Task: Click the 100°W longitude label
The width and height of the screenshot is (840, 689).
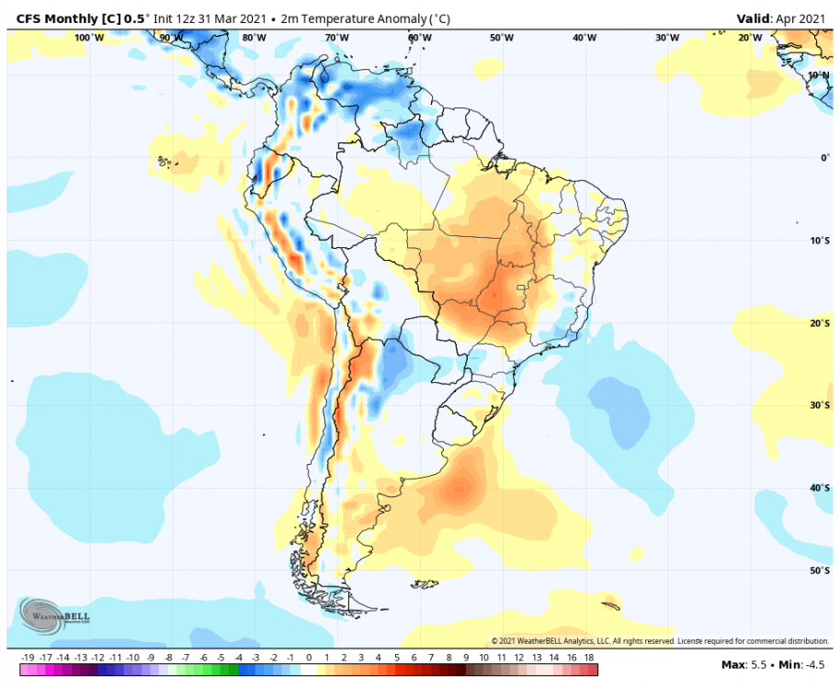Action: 89,38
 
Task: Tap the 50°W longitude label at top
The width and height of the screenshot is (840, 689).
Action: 502,38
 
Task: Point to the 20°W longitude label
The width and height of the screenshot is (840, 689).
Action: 750,38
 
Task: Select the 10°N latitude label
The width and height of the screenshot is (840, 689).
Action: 820,75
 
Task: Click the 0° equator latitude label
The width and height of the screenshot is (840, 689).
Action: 825,158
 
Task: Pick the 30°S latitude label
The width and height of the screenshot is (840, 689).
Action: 820,405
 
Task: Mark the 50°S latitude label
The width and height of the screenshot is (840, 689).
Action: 820,570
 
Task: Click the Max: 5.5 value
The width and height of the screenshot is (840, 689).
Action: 746,664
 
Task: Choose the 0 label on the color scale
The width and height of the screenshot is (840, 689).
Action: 309,658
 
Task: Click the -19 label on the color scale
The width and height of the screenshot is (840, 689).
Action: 28,658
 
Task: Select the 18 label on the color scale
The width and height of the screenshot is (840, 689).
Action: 589,658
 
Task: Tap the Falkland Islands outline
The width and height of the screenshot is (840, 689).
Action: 426,582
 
